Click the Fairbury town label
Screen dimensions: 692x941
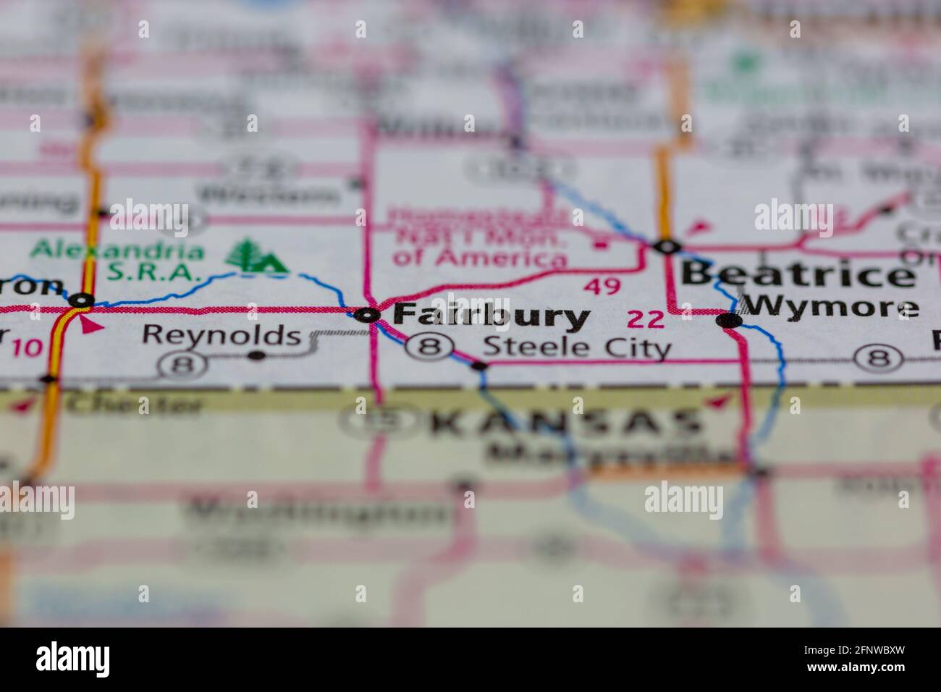(492, 316)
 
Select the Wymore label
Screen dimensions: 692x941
(831, 308)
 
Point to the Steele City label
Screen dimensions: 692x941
(576, 347)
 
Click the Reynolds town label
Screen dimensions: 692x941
(221, 334)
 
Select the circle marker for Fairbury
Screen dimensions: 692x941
(368, 315)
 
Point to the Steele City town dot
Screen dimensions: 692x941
(479, 366)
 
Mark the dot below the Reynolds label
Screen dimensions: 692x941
(256, 355)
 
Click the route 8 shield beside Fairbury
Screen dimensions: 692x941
(430, 347)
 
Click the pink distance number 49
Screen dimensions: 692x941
(602, 287)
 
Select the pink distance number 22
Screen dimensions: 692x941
(646, 318)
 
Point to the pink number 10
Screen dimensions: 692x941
(27, 348)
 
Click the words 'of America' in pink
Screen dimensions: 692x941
(479, 257)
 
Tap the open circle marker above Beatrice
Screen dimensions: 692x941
(667, 247)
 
